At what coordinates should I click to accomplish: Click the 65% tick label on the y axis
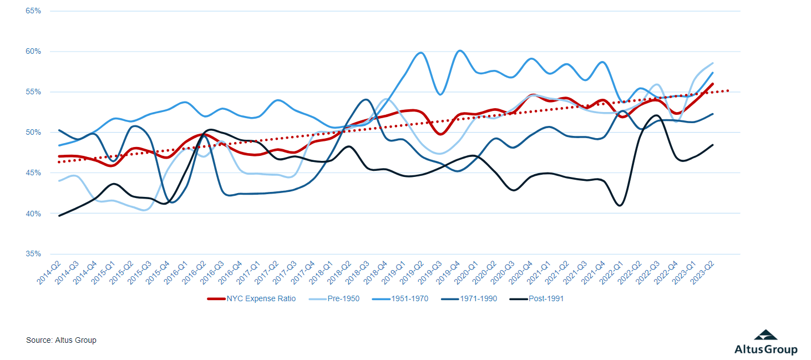click(33, 11)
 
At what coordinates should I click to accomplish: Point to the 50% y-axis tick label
click(33, 133)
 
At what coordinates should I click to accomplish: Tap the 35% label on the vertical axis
click(33, 254)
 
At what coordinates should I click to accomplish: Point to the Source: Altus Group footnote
click(61, 340)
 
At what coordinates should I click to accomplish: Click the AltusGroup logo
click(766, 342)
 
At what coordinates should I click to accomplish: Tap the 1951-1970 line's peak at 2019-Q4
click(459, 51)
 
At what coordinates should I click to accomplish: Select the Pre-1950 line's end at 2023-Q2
click(713, 63)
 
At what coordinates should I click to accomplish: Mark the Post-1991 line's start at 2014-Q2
click(59, 216)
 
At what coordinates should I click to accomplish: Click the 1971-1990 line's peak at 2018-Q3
click(366, 100)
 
